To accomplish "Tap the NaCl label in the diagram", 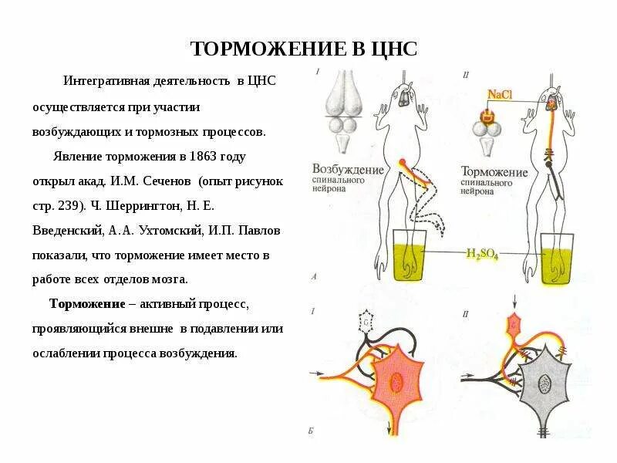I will tap(501, 95).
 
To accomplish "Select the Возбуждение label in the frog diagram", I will tap(348, 169).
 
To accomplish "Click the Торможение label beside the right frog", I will tap(494, 171).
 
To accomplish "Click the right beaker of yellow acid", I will tap(560, 259).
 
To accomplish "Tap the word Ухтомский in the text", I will tap(171, 229).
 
